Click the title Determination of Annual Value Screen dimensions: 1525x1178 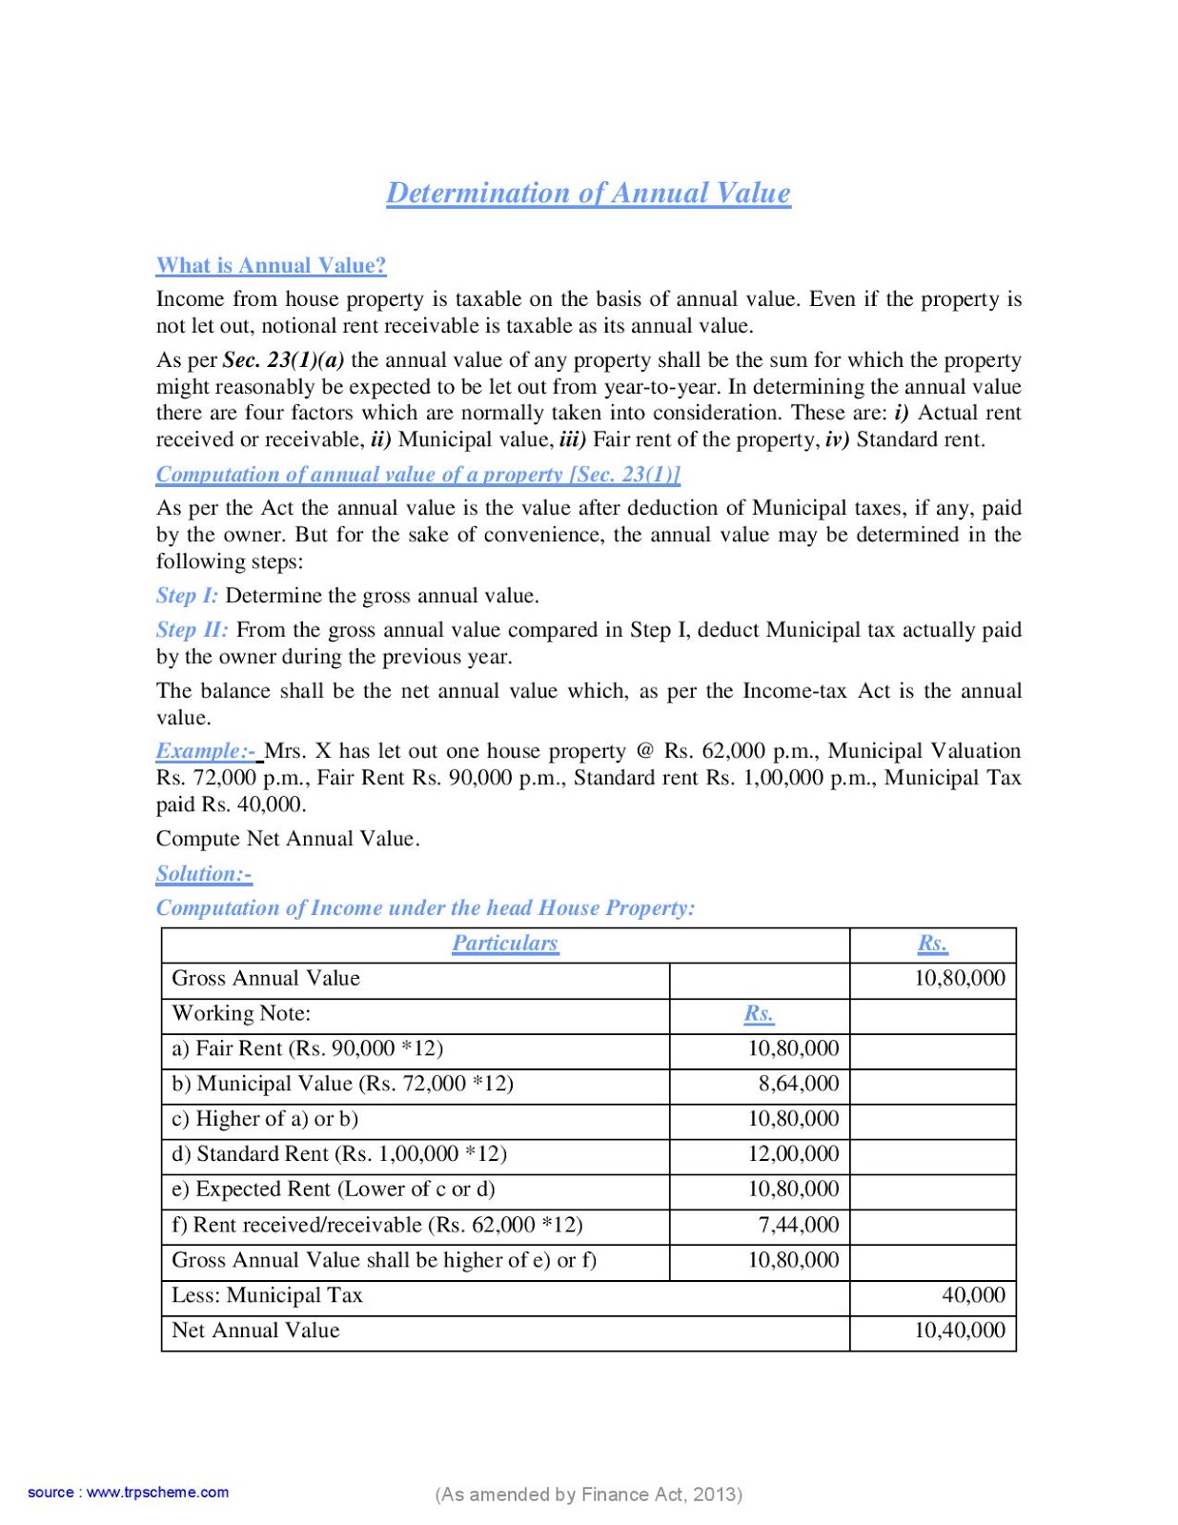[588, 193]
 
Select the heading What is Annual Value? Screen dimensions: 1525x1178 [271, 266]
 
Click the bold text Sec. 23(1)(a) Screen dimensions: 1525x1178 [283, 360]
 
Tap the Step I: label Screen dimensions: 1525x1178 [187, 596]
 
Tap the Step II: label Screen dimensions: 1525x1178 [192, 630]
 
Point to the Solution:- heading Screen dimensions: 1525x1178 [204, 874]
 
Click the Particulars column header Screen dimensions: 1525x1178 [505, 944]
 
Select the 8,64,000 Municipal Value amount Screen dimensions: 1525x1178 [799, 1084]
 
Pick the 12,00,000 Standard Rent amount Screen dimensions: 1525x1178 [793, 1154]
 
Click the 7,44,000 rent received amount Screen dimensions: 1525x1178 [799, 1225]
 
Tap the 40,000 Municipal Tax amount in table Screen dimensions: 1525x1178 [973, 1295]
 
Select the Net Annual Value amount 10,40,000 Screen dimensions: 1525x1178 [959, 1331]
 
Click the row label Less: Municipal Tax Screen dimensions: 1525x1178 [267, 1295]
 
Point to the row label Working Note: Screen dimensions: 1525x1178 [241, 1013]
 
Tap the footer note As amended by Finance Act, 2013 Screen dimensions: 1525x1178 [588, 1494]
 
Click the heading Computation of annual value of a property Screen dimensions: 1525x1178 [417, 475]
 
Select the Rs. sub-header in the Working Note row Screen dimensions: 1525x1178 [759, 1013]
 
